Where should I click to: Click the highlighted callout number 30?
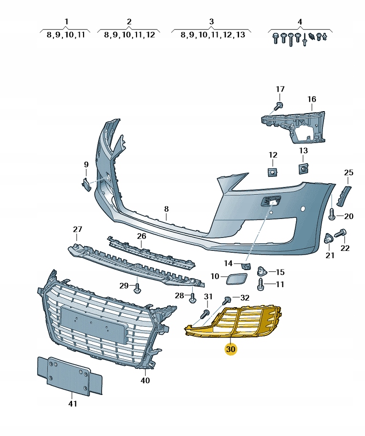coord(231,349)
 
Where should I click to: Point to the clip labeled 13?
coord(303,168)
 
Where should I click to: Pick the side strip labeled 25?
coord(345,195)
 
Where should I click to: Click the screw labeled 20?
coord(333,216)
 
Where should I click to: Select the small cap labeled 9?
coord(86,184)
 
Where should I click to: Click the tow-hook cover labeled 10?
coord(235,276)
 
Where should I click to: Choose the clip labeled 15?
coord(262,271)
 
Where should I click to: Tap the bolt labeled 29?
coord(138,287)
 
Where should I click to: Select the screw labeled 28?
coord(192,298)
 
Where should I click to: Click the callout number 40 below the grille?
coord(145,380)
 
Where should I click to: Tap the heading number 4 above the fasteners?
coord(300,22)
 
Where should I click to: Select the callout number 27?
coord(78,229)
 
